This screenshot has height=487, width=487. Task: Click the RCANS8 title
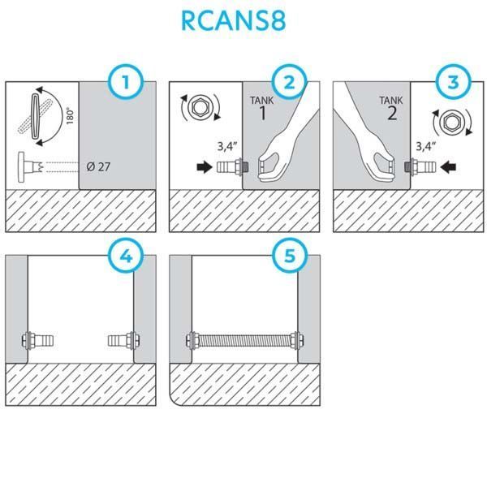[x=243, y=21]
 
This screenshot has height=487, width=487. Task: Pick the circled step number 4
[x=127, y=257]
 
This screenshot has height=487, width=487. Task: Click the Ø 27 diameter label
[x=98, y=167]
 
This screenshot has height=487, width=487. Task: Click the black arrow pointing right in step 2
[x=200, y=168]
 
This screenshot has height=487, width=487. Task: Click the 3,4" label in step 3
[x=427, y=148]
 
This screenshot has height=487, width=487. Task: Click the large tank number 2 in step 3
[x=393, y=114]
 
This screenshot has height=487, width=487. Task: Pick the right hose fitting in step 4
[x=122, y=338]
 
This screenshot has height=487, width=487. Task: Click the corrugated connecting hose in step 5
[x=244, y=338]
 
